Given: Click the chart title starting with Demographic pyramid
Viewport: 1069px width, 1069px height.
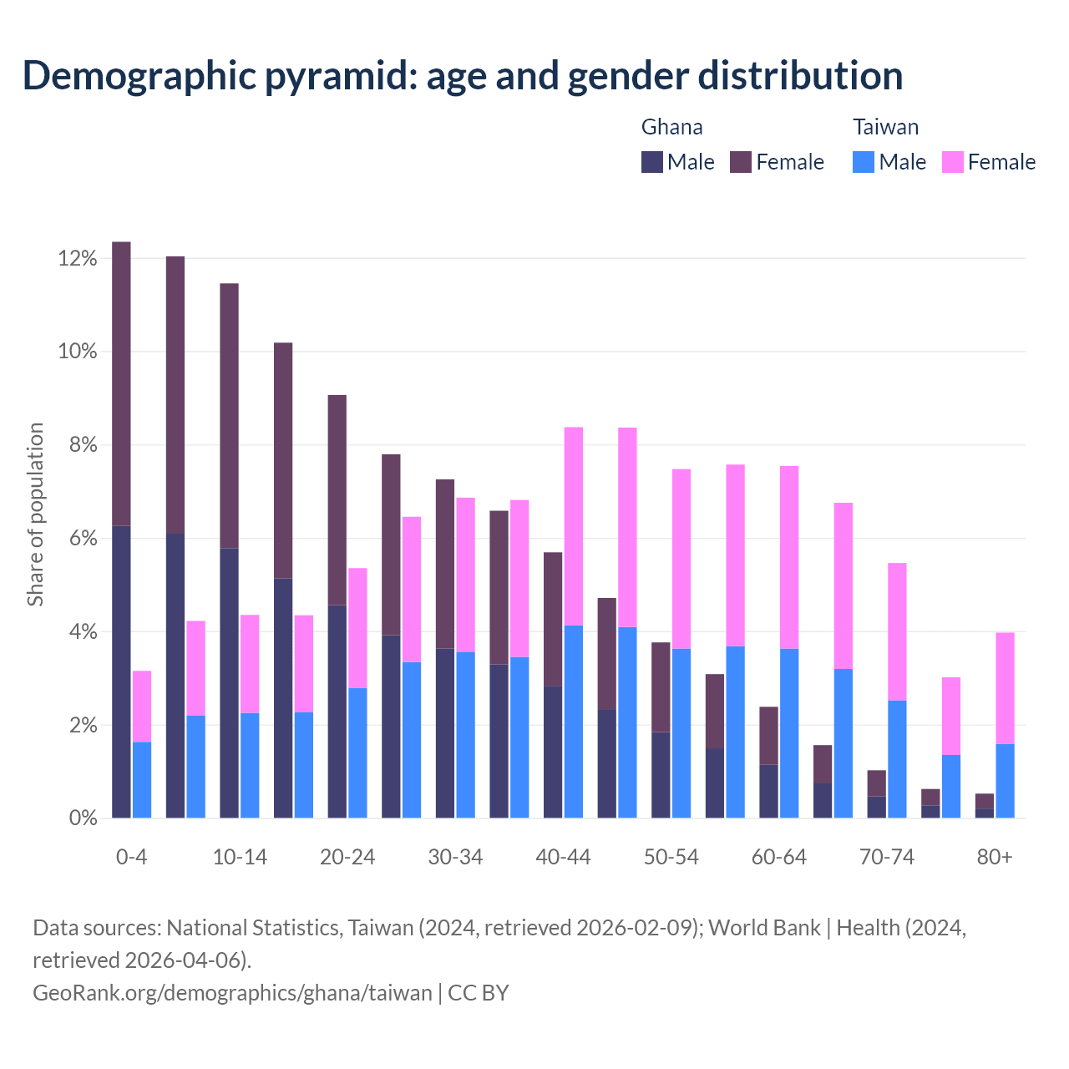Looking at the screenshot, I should pos(463,76).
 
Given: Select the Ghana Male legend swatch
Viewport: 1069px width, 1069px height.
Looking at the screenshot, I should pos(652,162).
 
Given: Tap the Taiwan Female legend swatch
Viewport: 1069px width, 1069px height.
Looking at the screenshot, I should pos(952,162).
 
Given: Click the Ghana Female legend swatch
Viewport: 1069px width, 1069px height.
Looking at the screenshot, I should pos(741,162).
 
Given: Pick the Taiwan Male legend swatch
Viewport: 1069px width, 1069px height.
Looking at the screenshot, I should pos(864,162).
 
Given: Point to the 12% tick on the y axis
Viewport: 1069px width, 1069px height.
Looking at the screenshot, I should pos(78,259).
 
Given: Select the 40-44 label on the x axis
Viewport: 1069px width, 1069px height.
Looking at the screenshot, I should pos(563,858).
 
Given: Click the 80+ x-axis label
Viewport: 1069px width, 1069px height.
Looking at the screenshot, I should pos(995,858).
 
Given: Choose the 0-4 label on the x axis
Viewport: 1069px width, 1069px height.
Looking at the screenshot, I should pos(132,858).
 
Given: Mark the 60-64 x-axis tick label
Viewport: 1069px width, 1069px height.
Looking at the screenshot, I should pos(778,858).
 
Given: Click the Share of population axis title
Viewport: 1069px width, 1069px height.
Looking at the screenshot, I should pos(35,514).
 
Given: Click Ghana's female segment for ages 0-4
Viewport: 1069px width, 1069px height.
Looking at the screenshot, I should pos(121,384).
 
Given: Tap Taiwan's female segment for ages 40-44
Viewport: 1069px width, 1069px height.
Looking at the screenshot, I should pos(574,526).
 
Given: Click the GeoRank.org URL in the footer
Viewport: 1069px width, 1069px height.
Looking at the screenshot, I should pos(232,993).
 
